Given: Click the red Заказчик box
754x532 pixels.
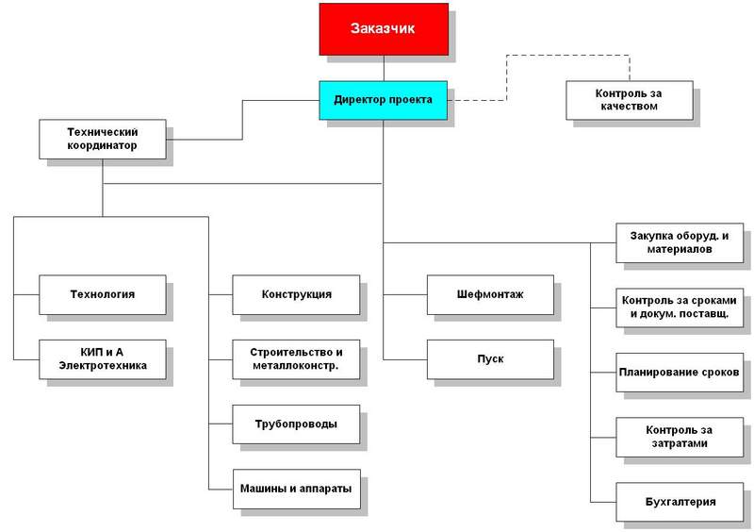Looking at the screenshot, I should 383,29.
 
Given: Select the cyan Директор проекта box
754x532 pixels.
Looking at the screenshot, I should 383,99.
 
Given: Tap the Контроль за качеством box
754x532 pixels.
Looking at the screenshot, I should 629,100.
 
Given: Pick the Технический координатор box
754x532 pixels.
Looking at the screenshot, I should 102,139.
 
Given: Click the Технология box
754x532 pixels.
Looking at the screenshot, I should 102,294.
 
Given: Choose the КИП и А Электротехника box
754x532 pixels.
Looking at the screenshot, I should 102,358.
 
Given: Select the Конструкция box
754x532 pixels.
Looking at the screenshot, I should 296,294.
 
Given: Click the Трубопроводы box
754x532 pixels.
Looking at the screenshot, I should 296,424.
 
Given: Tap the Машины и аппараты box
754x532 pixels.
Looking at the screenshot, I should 296,489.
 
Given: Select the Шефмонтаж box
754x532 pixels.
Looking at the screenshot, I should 489,294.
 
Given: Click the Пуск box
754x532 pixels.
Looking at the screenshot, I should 489,358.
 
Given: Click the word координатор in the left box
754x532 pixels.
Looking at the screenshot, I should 102,146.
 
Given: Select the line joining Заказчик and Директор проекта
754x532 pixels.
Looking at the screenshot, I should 384,68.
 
